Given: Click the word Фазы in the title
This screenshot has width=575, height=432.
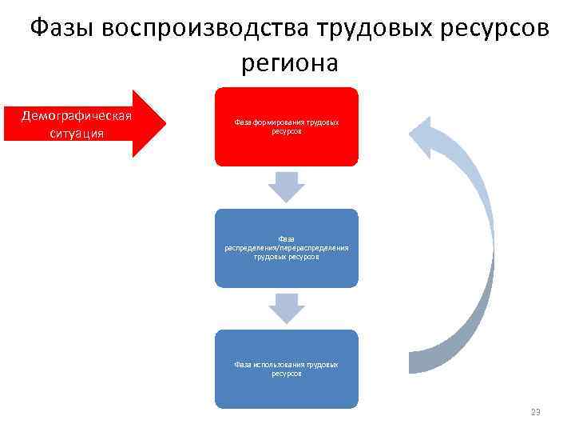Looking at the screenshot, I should point(62,28).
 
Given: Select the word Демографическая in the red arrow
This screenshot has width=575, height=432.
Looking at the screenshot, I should point(77,115).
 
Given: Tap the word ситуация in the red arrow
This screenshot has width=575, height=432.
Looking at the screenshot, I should point(77,134).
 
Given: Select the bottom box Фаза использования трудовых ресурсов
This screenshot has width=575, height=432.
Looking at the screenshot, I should point(287,392).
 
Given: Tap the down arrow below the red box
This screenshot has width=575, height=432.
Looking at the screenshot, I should point(287,187).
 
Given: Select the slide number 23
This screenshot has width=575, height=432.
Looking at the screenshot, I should point(535,412).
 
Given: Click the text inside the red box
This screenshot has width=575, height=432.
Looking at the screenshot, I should point(287,126).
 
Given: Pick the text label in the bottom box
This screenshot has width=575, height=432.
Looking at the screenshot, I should point(287,369).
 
